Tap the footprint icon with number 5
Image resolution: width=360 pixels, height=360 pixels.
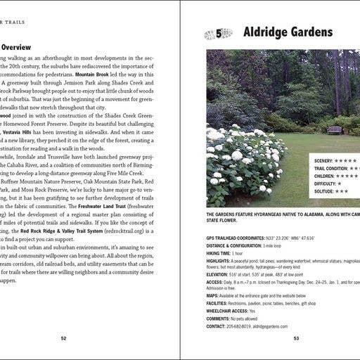click(218, 33)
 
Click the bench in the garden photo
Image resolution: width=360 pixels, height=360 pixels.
click(335, 129)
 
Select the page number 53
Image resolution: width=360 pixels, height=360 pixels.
click(296, 338)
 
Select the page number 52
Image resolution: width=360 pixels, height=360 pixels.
click(63, 338)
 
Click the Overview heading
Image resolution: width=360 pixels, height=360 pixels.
click(15, 48)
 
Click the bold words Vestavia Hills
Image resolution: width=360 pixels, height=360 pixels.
click(21, 131)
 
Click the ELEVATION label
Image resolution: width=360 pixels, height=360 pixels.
click(220, 275)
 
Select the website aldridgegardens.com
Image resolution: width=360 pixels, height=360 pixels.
click(271, 326)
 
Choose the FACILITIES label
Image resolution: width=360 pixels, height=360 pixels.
click(221, 304)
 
